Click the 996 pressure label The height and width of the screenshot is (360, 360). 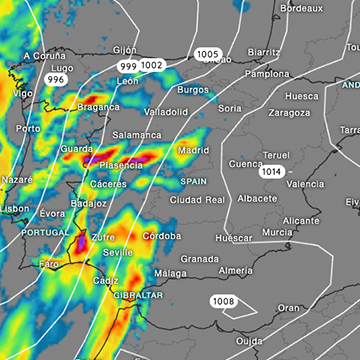57,79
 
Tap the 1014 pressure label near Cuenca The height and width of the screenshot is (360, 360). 270,172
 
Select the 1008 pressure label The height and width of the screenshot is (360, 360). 223,301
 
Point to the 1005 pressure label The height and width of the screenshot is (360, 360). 208,54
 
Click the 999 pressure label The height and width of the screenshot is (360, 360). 128,65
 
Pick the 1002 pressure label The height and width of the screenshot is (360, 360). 152,65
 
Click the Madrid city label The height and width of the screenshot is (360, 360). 193,150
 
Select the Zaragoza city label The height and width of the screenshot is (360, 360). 289,112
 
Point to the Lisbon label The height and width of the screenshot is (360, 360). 15,209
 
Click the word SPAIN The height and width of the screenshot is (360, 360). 193,182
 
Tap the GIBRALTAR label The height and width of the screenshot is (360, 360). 138,296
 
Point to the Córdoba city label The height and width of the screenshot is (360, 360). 161,236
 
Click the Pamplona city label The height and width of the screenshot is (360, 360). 266,74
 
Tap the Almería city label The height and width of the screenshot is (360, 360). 235,270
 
